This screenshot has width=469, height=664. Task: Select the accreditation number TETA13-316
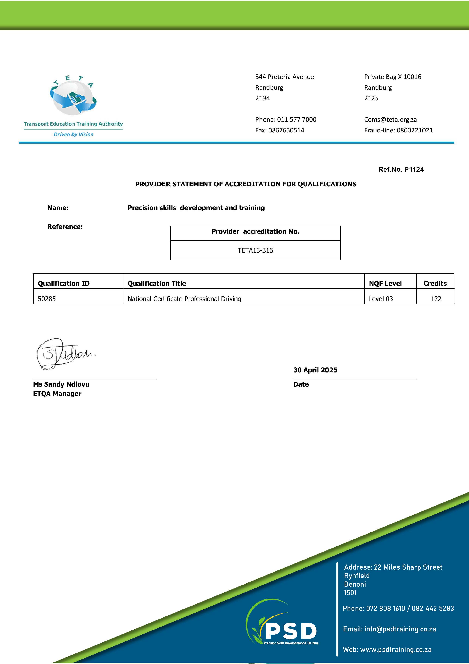pyautogui.click(x=255, y=250)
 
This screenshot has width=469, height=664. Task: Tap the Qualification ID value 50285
pyautogui.click(x=47, y=299)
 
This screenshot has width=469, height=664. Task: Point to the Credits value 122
pyautogui.click(x=436, y=299)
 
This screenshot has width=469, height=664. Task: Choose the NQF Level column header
pyautogui.click(x=385, y=283)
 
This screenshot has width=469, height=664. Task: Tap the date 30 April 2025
pyautogui.click(x=315, y=370)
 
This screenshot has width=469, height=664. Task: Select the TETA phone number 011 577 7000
pyautogui.click(x=297, y=119)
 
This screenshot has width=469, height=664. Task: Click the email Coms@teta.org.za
pyautogui.click(x=390, y=119)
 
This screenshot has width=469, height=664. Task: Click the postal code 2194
pyautogui.click(x=262, y=98)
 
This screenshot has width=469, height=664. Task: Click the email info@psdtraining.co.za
pyautogui.click(x=400, y=629)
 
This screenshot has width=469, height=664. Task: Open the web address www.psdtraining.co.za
pyautogui.click(x=396, y=650)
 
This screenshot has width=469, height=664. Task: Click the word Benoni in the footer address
pyautogui.click(x=355, y=584)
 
